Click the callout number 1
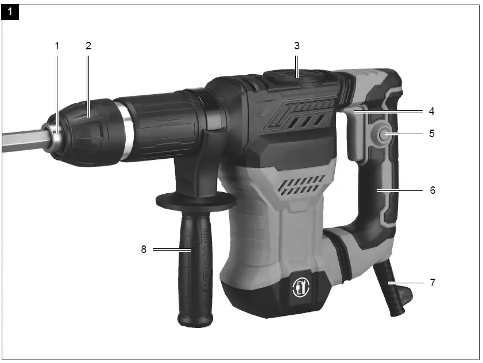(57, 46)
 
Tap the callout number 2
(88, 46)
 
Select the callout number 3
(296, 45)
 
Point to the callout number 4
(432, 111)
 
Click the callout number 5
(432, 134)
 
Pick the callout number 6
(432, 190)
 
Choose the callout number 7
(432, 282)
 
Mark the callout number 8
(145, 249)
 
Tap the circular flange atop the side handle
(195, 201)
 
